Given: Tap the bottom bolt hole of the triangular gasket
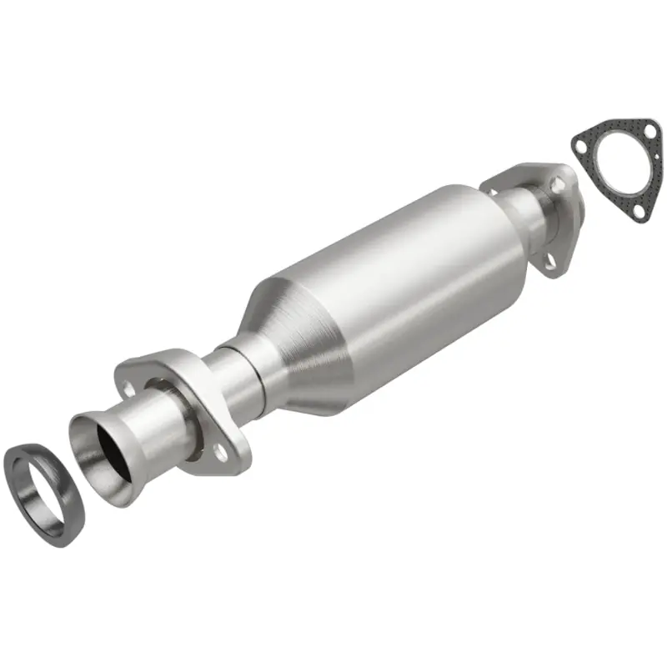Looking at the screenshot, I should point(639,213).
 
